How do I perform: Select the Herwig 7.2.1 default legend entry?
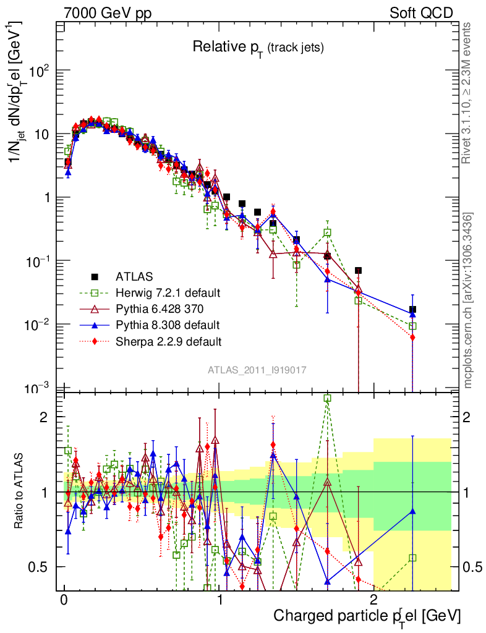(x=168, y=292)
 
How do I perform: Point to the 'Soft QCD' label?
(x=421, y=12)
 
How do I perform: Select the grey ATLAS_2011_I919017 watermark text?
(x=257, y=370)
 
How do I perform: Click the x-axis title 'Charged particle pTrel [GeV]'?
(x=367, y=616)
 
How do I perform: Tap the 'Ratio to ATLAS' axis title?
(x=20, y=493)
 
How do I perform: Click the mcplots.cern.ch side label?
(x=468, y=300)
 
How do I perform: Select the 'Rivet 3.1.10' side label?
(x=468, y=93)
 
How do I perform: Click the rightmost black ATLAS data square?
(x=412, y=309)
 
